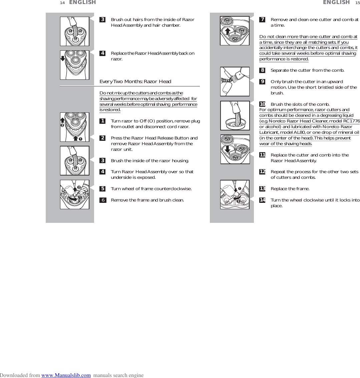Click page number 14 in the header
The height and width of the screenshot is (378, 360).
click(x=62, y=3)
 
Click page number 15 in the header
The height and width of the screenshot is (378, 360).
click(x=357, y=3)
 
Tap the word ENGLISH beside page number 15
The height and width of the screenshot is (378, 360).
click(x=336, y=3)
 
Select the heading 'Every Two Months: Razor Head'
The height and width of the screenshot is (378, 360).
click(x=135, y=81)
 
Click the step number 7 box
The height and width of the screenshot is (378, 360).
click(x=263, y=20)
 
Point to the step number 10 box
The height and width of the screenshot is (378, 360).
click(x=263, y=104)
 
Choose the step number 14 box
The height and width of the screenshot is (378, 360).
click(x=263, y=200)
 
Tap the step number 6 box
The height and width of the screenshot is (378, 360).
click(x=103, y=200)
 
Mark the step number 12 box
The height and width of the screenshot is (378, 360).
click(x=263, y=172)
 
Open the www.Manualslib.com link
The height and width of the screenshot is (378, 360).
click(x=66, y=375)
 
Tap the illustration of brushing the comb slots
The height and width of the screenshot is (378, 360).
click(x=235, y=116)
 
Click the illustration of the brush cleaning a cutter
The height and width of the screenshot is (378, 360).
click(x=235, y=81)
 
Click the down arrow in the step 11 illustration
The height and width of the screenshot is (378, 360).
click(x=228, y=148)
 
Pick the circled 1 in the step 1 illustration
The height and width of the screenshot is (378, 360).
click(x=80, y=139)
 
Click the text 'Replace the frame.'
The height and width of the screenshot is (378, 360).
click(x=290, y=189)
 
